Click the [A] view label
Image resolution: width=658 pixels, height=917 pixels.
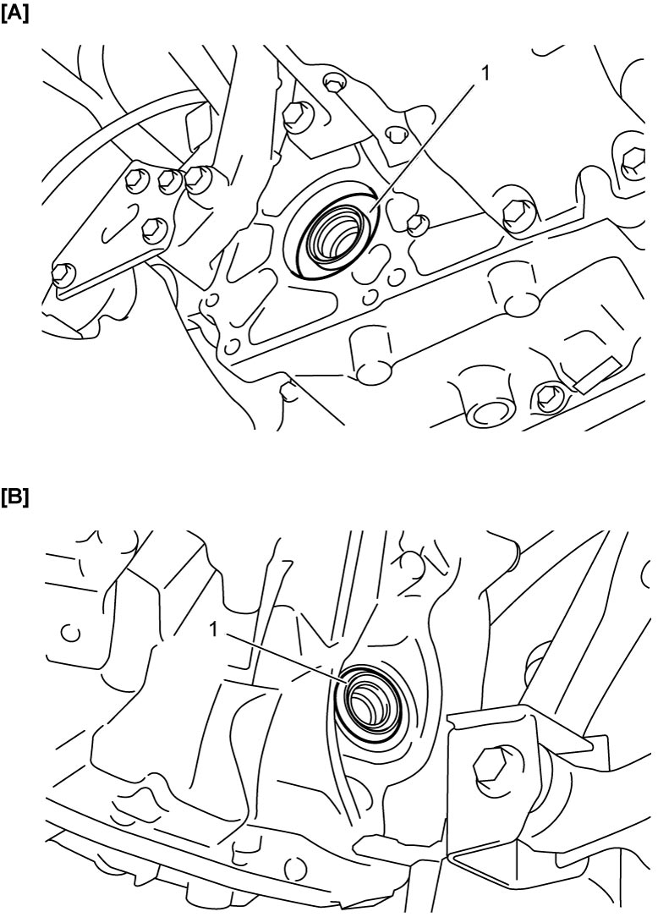coord(14,14)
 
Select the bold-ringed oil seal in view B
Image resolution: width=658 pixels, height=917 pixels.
coord(372,703)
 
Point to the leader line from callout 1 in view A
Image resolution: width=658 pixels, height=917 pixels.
coord(422,146)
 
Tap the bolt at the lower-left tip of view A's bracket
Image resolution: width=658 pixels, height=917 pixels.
coord(63,274)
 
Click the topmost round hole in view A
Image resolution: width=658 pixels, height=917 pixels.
coord(335,82)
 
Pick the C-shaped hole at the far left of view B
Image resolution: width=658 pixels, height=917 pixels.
coord(71,633)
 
